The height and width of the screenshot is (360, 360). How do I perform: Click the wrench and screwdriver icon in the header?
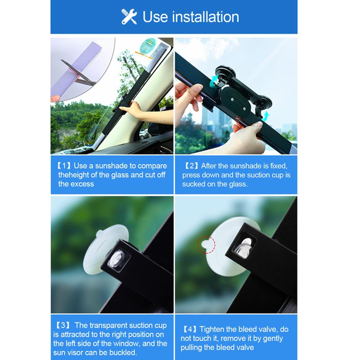[x=129, y=17]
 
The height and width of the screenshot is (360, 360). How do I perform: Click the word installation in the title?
[x=205, y=17]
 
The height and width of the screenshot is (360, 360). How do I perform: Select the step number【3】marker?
[x=63, y=325]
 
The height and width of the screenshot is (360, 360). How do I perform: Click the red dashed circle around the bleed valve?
[x=207, y=245]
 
